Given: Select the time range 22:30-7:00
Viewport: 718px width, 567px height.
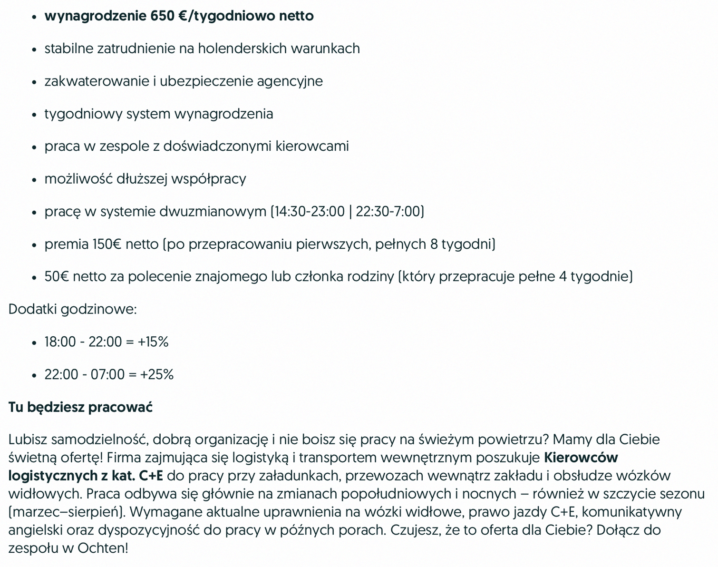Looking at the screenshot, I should (388, 211).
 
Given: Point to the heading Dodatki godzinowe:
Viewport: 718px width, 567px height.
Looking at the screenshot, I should (72, 309).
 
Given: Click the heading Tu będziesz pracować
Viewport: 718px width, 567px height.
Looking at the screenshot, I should (80, 407).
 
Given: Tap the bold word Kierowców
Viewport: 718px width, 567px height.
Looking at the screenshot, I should (581, 458).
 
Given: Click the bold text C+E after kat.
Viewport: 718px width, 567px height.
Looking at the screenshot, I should (151, 476).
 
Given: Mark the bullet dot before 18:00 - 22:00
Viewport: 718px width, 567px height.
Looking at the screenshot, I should (34, 343).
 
